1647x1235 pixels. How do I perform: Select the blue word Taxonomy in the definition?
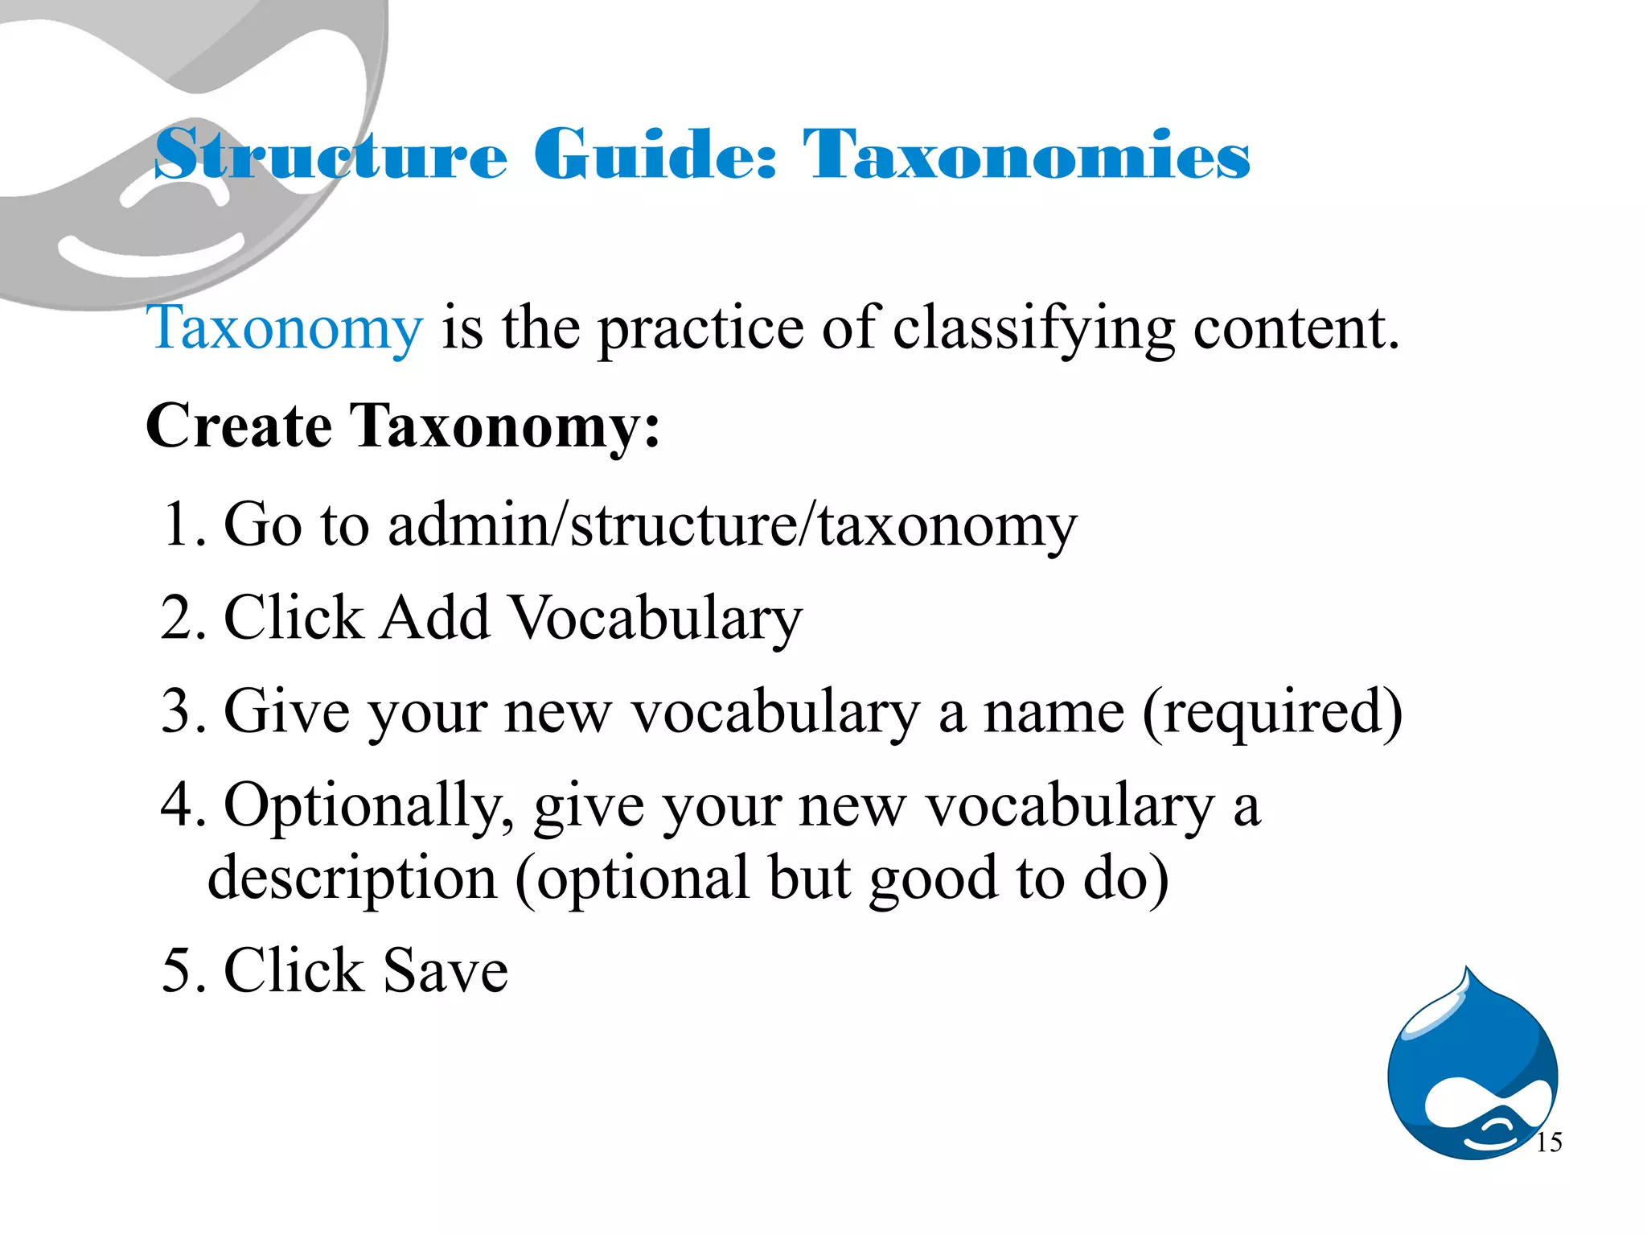click(x=285, y=328)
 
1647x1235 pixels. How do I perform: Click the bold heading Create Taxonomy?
click(x=402, y=426)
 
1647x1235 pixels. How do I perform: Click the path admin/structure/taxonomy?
click(x=732, y=525)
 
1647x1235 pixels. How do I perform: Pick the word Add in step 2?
click(x=435, y=618)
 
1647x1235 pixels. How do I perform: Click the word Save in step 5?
click(x=446, y=970)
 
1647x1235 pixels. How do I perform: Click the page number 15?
click(x=1548, y=1142)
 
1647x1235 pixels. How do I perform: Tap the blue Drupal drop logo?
click(x=1472, y=1070)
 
